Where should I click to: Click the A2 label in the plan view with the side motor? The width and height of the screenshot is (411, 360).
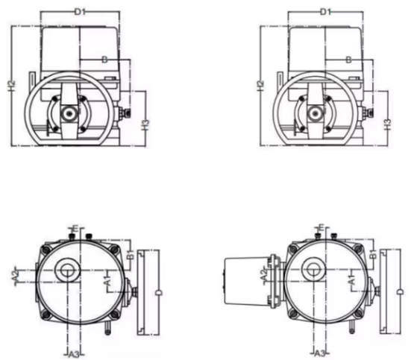264,275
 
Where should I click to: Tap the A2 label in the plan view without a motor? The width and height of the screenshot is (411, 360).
16,276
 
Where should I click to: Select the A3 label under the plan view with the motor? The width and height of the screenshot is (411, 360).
319,354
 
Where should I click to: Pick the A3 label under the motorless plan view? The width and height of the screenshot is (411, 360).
74,355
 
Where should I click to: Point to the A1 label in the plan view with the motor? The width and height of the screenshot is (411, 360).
352,280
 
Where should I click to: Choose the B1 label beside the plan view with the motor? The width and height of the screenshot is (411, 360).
373,254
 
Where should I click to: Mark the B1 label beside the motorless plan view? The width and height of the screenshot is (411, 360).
131,254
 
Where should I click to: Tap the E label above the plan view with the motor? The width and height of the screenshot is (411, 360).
321,227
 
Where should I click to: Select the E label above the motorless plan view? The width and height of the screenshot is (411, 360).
75,229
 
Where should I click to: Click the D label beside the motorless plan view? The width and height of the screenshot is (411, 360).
159,292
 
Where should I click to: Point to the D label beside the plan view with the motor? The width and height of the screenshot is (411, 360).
401,292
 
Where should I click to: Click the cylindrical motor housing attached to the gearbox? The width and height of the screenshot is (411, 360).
246,281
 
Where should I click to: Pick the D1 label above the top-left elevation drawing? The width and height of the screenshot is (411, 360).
81,12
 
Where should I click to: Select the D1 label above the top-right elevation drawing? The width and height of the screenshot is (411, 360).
325,12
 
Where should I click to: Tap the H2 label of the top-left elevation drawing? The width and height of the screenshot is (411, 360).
11,86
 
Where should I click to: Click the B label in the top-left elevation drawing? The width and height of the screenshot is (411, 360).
104,60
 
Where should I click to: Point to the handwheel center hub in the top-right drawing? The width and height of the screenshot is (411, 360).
315,113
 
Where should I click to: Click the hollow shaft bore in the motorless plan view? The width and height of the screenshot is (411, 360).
68,270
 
